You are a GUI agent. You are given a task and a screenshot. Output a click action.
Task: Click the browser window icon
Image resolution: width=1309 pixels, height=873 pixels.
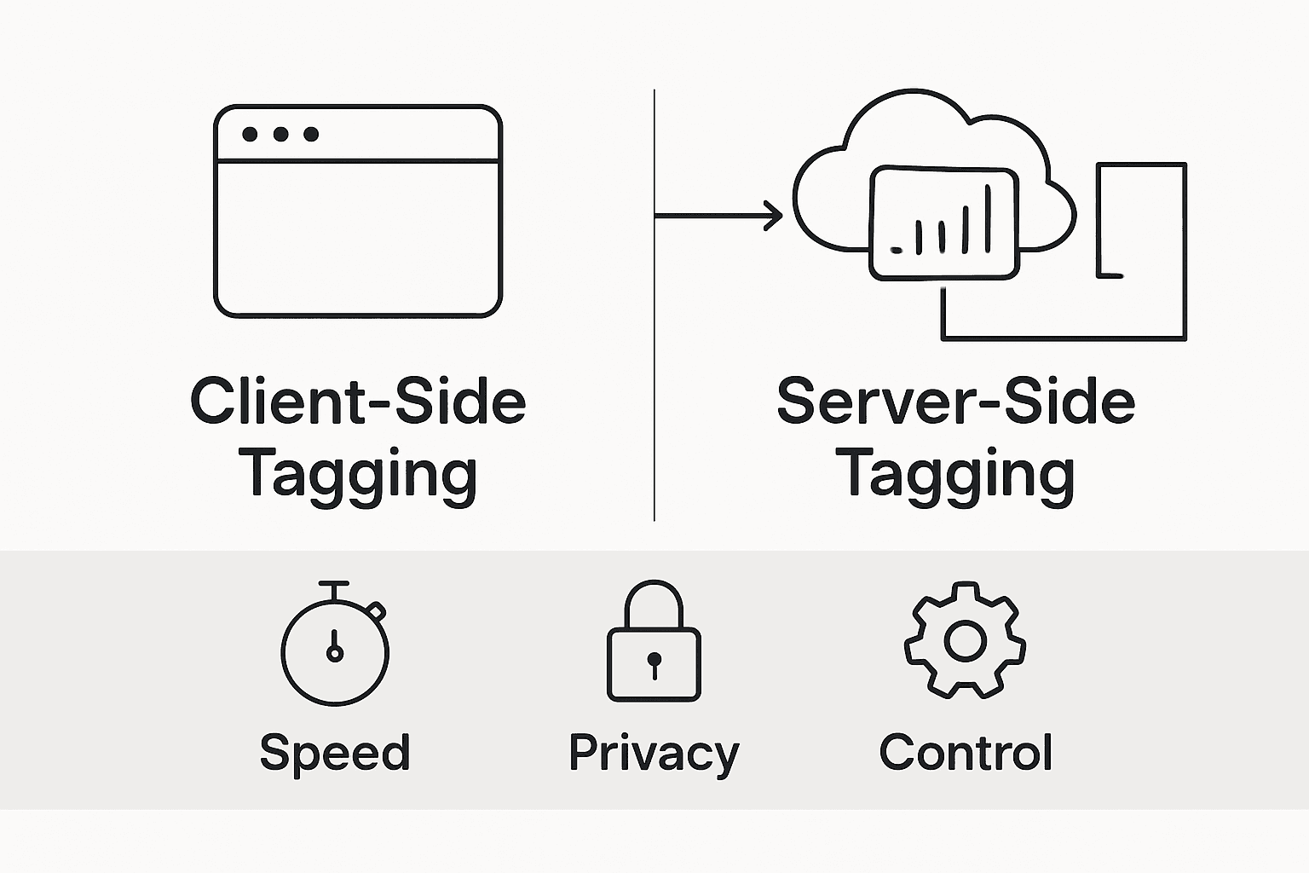[x=357, y=211]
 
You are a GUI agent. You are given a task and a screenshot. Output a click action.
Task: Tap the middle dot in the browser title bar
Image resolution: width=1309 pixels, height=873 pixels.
[x=280, y=134]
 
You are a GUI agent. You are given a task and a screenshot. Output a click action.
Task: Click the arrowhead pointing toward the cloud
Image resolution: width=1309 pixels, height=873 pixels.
[x=774, y=216]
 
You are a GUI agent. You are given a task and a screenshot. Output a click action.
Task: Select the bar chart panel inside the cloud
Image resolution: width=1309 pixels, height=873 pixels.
[x=943, y=223]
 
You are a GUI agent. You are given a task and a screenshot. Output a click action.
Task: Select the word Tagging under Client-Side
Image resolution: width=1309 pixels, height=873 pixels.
[x=357, y=474]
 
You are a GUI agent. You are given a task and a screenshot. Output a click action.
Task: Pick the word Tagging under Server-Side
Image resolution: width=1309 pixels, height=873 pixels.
[x=955, y=474]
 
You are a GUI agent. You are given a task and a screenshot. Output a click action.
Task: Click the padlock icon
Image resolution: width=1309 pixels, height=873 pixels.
[x=654, y=643]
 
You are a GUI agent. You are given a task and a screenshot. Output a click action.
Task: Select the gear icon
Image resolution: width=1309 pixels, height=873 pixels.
[x=965, y=641]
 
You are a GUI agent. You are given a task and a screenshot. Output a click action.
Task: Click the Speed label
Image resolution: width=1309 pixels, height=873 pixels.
[x=335, y=752]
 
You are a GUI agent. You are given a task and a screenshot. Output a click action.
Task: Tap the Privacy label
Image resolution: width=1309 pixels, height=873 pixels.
[x=654, y=753]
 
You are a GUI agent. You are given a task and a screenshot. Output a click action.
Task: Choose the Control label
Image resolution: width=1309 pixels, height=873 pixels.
[x=966, y=752]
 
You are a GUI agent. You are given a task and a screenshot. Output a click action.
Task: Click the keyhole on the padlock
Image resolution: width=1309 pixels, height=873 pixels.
[x=654, y=662]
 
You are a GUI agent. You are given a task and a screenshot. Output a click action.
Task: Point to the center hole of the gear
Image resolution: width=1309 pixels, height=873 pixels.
[x=965, y=641]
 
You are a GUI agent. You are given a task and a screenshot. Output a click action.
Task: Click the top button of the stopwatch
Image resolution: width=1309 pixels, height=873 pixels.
[x=334, y=586]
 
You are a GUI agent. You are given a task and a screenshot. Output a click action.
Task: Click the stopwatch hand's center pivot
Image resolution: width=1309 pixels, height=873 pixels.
[x=335, y=654]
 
